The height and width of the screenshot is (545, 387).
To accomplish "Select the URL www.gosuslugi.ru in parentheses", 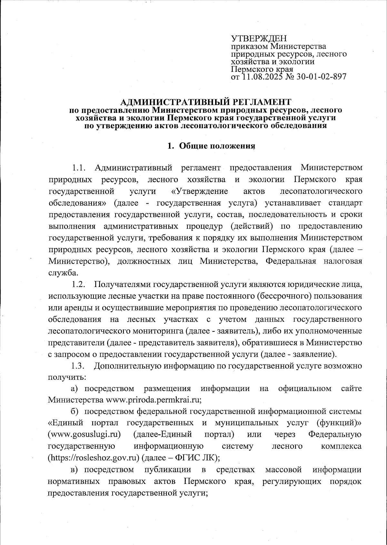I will pos(84,435).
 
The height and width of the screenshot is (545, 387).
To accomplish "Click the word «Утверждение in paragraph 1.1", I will pos(199,191).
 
